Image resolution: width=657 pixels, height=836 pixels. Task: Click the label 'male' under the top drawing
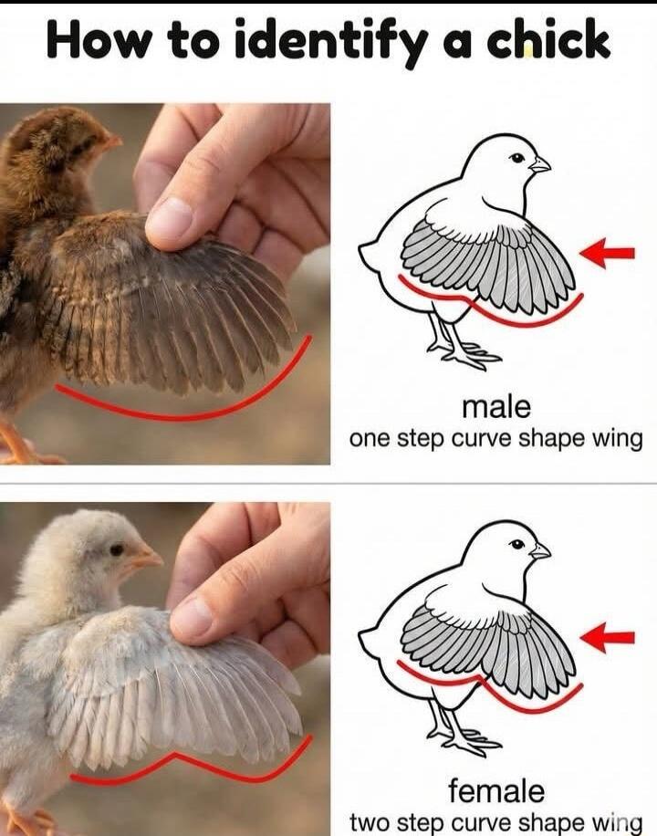coord(495,405)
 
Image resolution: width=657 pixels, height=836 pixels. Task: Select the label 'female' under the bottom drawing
coord(495,789)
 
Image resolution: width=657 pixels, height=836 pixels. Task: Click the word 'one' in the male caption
coord(370,438)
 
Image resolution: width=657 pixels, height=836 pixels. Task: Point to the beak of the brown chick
coord(110,142)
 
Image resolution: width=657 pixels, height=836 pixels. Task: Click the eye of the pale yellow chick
coord(117,549)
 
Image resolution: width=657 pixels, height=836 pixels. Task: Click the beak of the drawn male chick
coord(540,165)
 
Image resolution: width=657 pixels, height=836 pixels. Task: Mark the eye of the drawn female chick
coord(517,543)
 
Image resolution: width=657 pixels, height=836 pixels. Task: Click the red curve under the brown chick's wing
coord(182,416)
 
